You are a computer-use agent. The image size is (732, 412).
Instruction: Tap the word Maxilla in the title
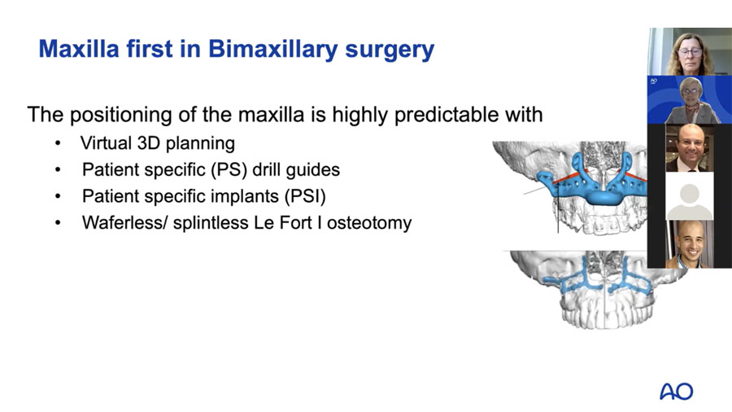pyautogui.click(x=78, y=49)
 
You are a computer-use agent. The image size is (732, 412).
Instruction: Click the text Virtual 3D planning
pyautogui.click(x=157, y=144)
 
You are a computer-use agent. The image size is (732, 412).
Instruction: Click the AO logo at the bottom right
pyautogui.click(x=676, y=392)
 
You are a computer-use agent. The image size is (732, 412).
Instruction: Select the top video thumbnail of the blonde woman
pyautogui.click(x=689, y=52)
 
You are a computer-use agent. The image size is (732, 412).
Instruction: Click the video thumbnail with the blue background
pyautogui.click(x=689, y=100)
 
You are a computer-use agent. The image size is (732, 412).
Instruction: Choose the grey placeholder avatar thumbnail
pyautogui.click(x=689, y=196)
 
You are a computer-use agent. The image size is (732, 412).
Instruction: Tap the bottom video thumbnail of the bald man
pyautogui.click(x=689, y=244)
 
